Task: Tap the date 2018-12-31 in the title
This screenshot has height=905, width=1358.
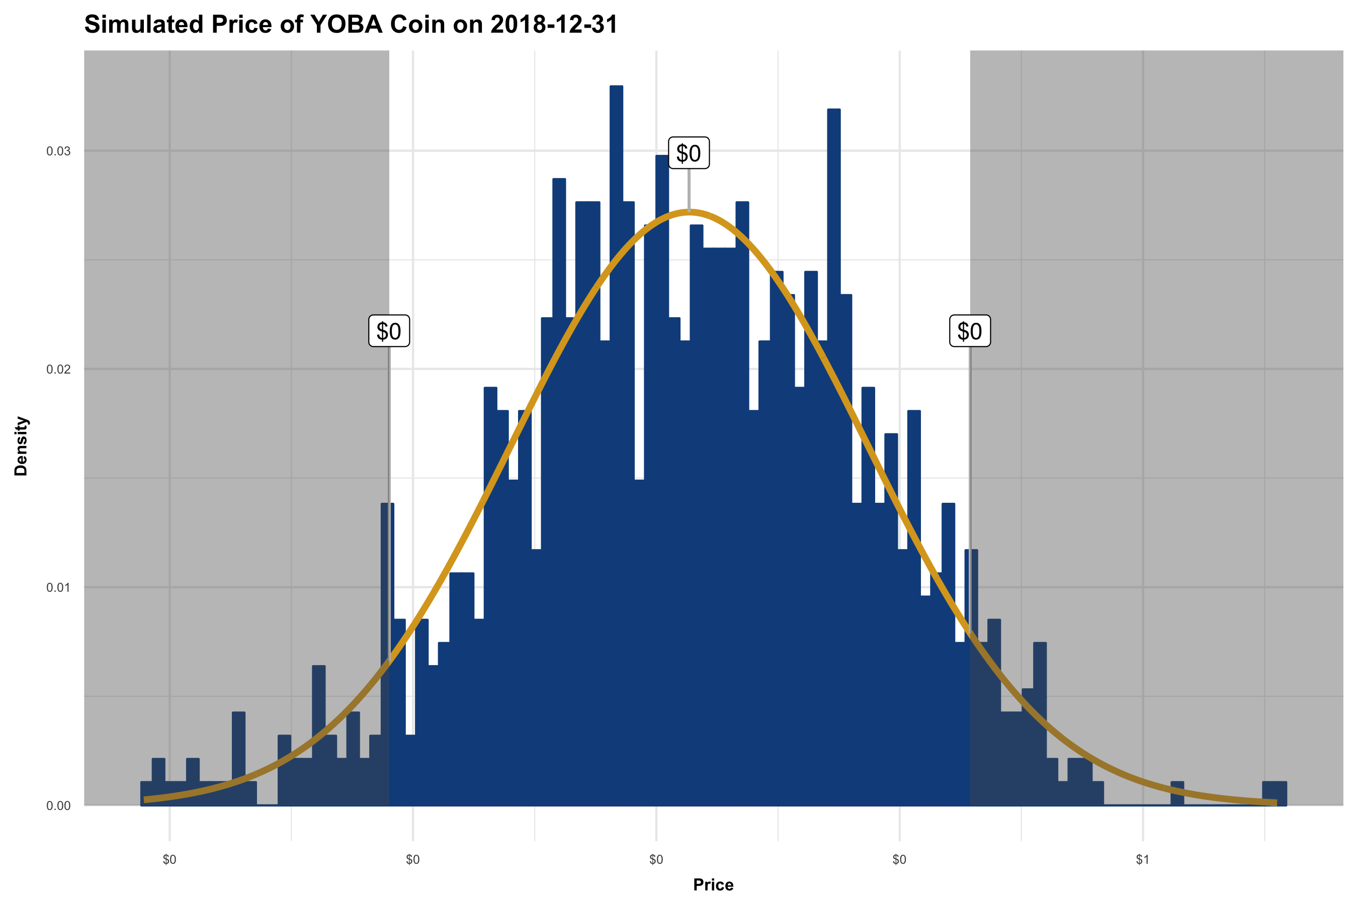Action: [554, 24]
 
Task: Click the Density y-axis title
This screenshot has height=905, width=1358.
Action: [21, 445]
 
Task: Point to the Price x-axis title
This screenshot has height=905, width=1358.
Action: [713, 885]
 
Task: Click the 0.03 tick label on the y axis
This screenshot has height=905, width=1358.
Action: [58, 151]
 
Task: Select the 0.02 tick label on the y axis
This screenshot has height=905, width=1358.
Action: [58, 370]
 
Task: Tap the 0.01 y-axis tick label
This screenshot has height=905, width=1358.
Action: [58, 588]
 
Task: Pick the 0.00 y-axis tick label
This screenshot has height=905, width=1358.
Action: [58, 806]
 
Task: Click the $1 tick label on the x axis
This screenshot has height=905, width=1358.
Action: [1143, 860]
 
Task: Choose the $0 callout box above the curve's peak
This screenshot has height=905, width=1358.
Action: [688, 153]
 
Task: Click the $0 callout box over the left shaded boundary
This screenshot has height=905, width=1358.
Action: [389, 331]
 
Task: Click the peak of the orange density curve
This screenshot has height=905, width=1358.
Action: [688, 211]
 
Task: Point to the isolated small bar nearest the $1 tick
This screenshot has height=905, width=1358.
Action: [1177, 793]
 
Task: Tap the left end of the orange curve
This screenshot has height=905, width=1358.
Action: [145, 799]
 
